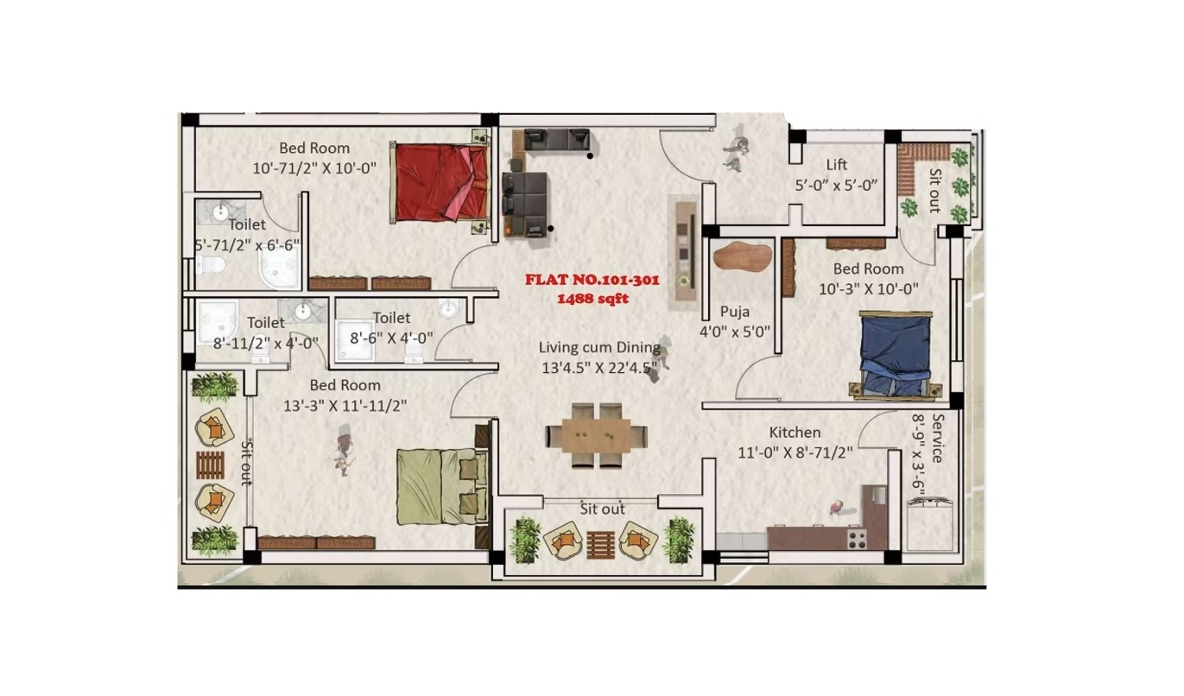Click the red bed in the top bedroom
point(440,182)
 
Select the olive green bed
point(443,486)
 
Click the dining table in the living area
point(597,435)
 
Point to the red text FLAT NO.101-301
point(592,280)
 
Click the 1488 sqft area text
point(592,299)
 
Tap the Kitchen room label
point(795,433)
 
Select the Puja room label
point(734,313)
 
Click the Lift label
point(836,165)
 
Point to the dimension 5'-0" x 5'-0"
point(836,186)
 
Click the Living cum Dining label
point(599,348)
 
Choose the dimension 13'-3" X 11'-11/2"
point(345,406)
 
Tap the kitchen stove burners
point(857,539)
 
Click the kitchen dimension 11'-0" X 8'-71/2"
point(795,452)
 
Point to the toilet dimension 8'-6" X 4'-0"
point(391,338)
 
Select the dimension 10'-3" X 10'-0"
point(869,289)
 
